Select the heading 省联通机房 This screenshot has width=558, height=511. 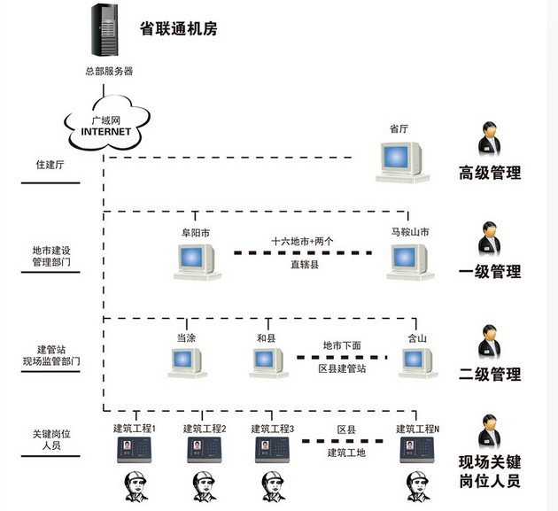point(178,28)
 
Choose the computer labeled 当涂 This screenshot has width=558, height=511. point(187,361)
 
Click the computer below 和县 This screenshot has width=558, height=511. point(268,361)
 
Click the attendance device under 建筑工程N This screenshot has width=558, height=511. point(416,450)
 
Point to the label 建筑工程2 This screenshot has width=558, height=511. point(205,429)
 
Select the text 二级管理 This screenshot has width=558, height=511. point(489,375)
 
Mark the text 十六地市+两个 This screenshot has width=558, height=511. point(302,241)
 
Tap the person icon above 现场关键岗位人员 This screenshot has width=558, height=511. point(489,434)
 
